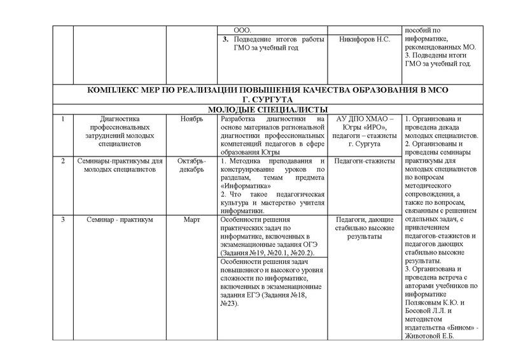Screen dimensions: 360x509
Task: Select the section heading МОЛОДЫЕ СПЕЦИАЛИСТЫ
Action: (x=254, y=109)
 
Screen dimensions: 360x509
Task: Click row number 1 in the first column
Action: (x=63, y=118)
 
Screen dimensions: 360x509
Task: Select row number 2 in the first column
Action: (x=63, y=161)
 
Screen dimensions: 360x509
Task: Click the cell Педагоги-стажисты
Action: (x=365, y=161)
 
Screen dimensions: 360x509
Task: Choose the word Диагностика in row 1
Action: (x=120, y=118)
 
